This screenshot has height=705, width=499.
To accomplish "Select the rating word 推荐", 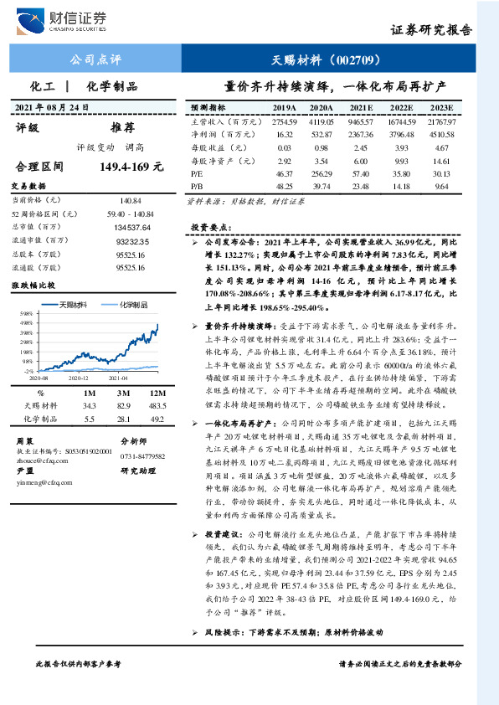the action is point(122,128).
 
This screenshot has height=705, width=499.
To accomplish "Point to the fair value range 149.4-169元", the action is point(131,167).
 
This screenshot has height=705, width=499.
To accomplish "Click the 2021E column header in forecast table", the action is point(361,108).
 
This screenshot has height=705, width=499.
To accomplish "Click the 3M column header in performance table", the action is point(124,393).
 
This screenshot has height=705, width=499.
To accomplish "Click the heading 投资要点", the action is point(208,227).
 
